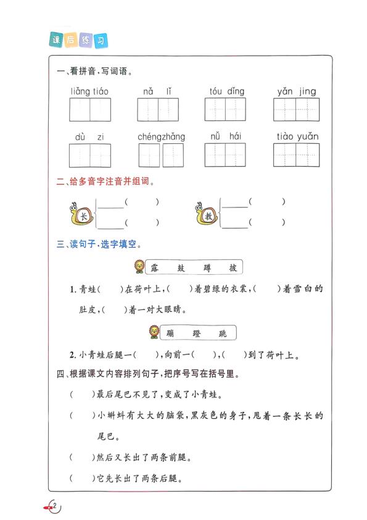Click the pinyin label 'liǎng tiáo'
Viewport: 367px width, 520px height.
coord(89,91)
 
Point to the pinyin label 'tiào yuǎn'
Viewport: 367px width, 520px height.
coord(296,136)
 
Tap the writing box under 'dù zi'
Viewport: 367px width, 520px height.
coord(89,155)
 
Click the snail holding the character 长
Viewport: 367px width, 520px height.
coord(81,212)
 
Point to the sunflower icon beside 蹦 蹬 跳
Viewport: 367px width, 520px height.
coord(152,333)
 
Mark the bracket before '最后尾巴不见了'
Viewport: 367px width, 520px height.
coord(80,394)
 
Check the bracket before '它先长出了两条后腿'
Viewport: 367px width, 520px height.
coord(80,478)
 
